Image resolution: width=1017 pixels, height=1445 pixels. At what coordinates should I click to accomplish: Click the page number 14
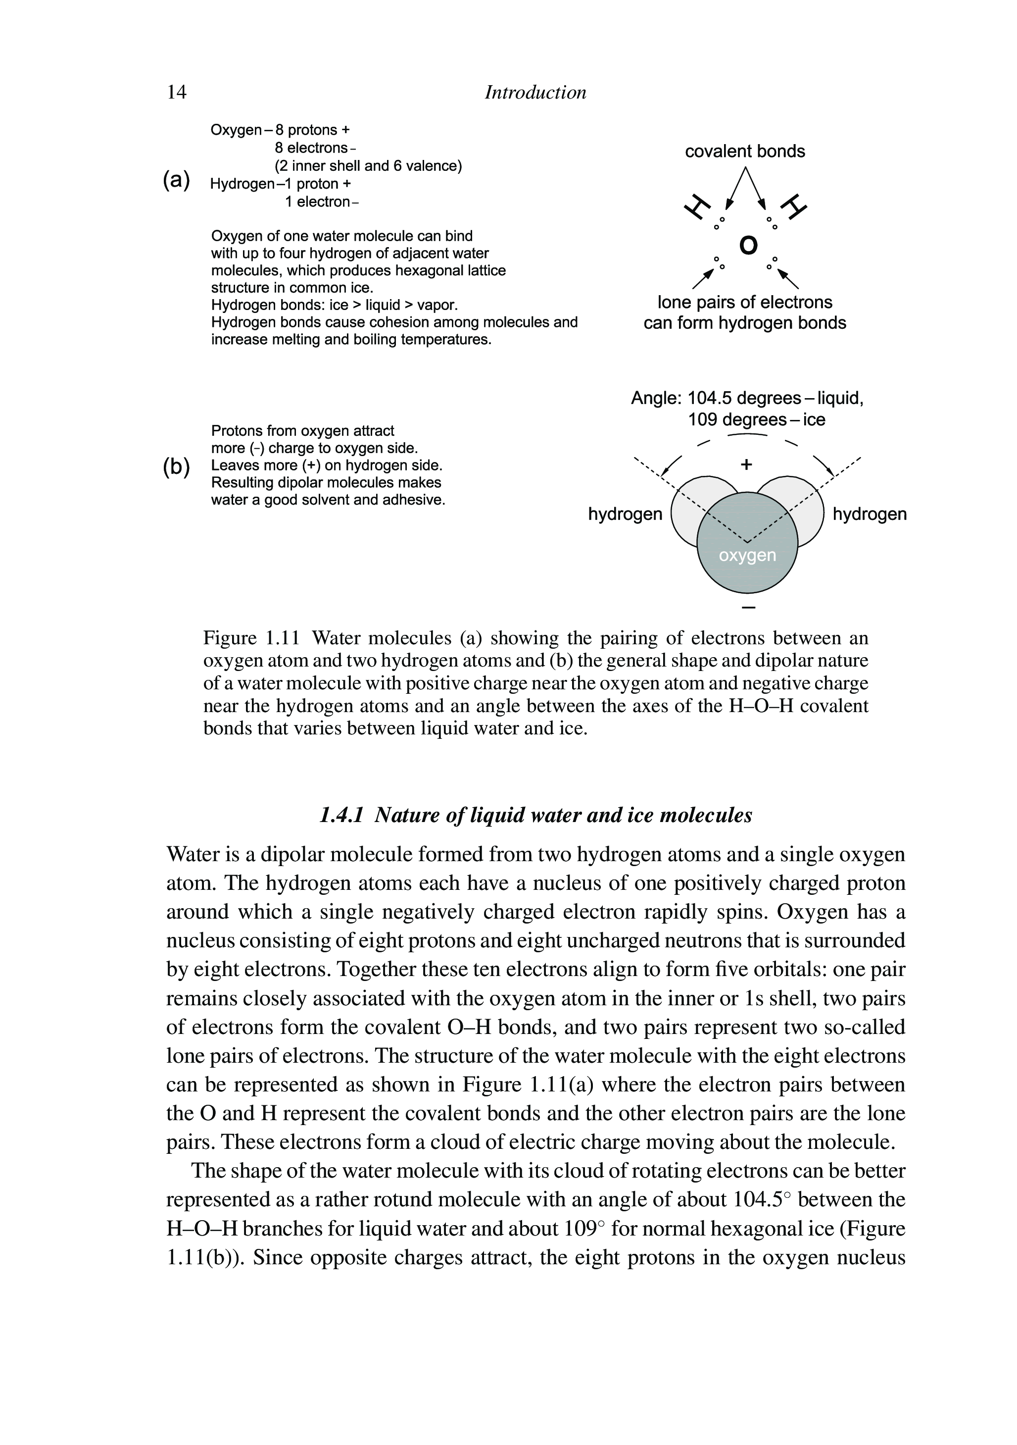point(177,93)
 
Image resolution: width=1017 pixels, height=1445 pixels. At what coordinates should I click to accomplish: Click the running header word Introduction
point(535,93)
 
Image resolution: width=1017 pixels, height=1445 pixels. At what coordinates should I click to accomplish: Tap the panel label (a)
point(176,180)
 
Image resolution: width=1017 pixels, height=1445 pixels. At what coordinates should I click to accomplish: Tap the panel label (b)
point(176,467)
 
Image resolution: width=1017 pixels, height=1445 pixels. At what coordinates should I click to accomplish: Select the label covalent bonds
point(745,152)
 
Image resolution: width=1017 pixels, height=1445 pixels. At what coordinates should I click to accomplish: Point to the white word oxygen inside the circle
point(747,556)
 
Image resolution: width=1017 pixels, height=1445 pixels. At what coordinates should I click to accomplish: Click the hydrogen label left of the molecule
point(625,514)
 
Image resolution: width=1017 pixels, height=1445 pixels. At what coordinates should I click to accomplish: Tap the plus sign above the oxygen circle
point(747,464)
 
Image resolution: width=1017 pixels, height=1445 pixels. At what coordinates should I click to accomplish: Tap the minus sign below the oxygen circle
point(748,607)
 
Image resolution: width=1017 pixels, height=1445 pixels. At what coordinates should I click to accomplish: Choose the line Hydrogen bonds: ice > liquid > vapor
point(335,305)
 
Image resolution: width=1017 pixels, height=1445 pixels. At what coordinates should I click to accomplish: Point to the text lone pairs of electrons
point(745,303)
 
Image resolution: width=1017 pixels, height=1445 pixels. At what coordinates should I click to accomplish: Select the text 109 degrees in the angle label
point(734,420)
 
